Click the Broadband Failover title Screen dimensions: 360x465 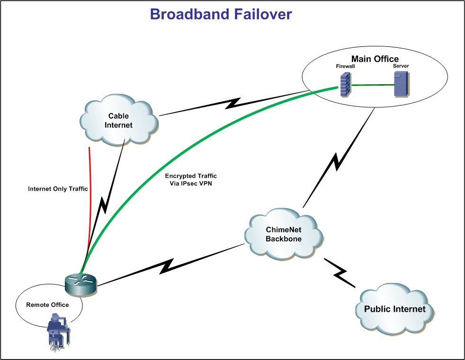(x=221, y=14)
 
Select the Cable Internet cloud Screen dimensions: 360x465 (x=118, y=120)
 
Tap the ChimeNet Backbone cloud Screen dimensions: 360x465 (x=283, y=234)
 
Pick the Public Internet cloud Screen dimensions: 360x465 (x=394, y=309)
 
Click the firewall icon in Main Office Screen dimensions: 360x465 (x=345, y=85)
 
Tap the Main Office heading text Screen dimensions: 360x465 (x=375, y=59)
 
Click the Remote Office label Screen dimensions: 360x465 (x=47, y=305)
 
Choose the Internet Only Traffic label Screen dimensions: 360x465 (x=58, y=189)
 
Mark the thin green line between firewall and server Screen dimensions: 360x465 (x=373, y=85)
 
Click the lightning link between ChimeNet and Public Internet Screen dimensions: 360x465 (x=340, y=273)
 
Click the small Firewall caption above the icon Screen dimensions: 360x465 (x=345, y=67)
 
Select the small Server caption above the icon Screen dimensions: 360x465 (x=401, y=66)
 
